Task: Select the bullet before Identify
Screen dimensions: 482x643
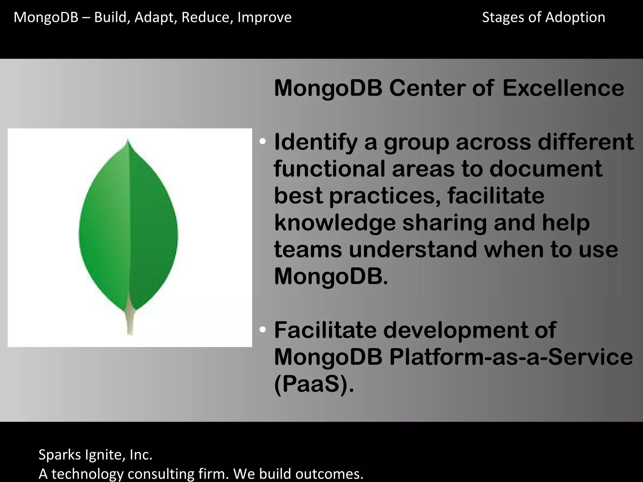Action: [263, 142]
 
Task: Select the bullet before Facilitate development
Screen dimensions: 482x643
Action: [263, 330]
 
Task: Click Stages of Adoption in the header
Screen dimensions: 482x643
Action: [543, 17]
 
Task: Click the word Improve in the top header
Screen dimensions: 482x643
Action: [264, 18]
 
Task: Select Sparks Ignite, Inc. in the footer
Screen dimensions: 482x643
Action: [95, 455]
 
